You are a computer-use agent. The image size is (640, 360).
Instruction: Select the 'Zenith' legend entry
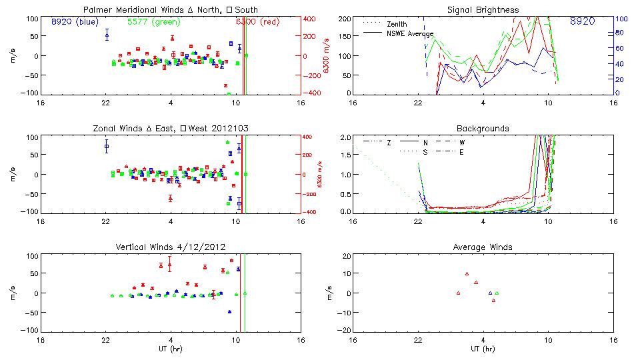(396, 24)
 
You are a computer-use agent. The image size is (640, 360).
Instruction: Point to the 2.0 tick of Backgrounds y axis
(344, 137)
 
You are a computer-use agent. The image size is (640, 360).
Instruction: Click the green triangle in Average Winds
(497, 293)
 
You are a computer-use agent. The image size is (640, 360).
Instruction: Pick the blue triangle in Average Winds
(490, 293)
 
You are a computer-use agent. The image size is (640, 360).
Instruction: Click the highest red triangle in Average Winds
(467, 273)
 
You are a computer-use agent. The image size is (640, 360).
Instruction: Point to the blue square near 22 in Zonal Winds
(106, 147)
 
